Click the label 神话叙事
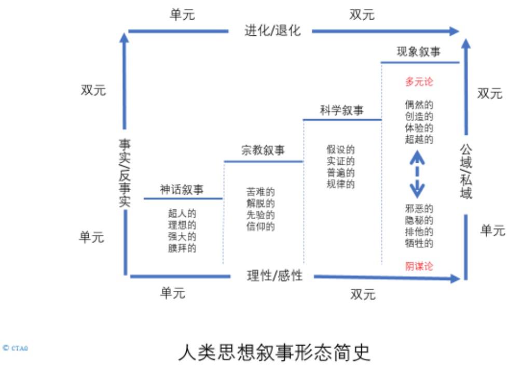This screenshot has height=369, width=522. (182, 190)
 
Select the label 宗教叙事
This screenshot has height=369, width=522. (263, 151)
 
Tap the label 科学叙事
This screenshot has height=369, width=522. (342, 110)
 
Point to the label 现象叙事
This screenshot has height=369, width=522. (419, 51)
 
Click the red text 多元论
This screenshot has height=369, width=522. (419, 82)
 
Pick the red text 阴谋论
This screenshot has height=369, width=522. (419, 266)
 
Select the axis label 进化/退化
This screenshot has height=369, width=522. (273, 30)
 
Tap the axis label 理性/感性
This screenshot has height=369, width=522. (274, 275)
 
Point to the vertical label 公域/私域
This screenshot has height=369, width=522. (466, 171)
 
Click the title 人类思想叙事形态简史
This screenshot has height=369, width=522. (274, 352)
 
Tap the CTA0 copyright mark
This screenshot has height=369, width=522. (15, 348)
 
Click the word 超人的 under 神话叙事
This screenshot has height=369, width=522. (182, 214)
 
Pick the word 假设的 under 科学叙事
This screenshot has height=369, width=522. (340, 150)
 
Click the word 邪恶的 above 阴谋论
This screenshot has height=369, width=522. (419, 208)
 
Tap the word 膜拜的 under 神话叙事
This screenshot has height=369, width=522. (182, 248)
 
